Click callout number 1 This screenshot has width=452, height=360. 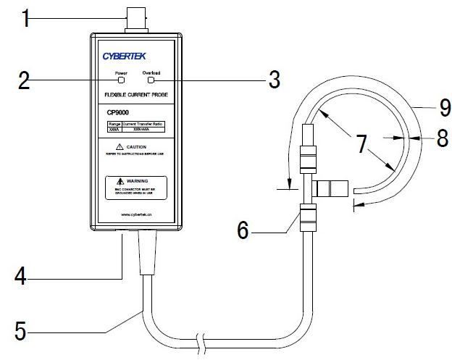[26, 17]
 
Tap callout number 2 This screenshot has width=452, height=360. [25, 80]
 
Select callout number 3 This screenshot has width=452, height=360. [274, 80]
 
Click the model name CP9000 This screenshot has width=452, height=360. [118, 112]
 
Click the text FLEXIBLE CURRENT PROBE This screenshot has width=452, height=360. [134, 95]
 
